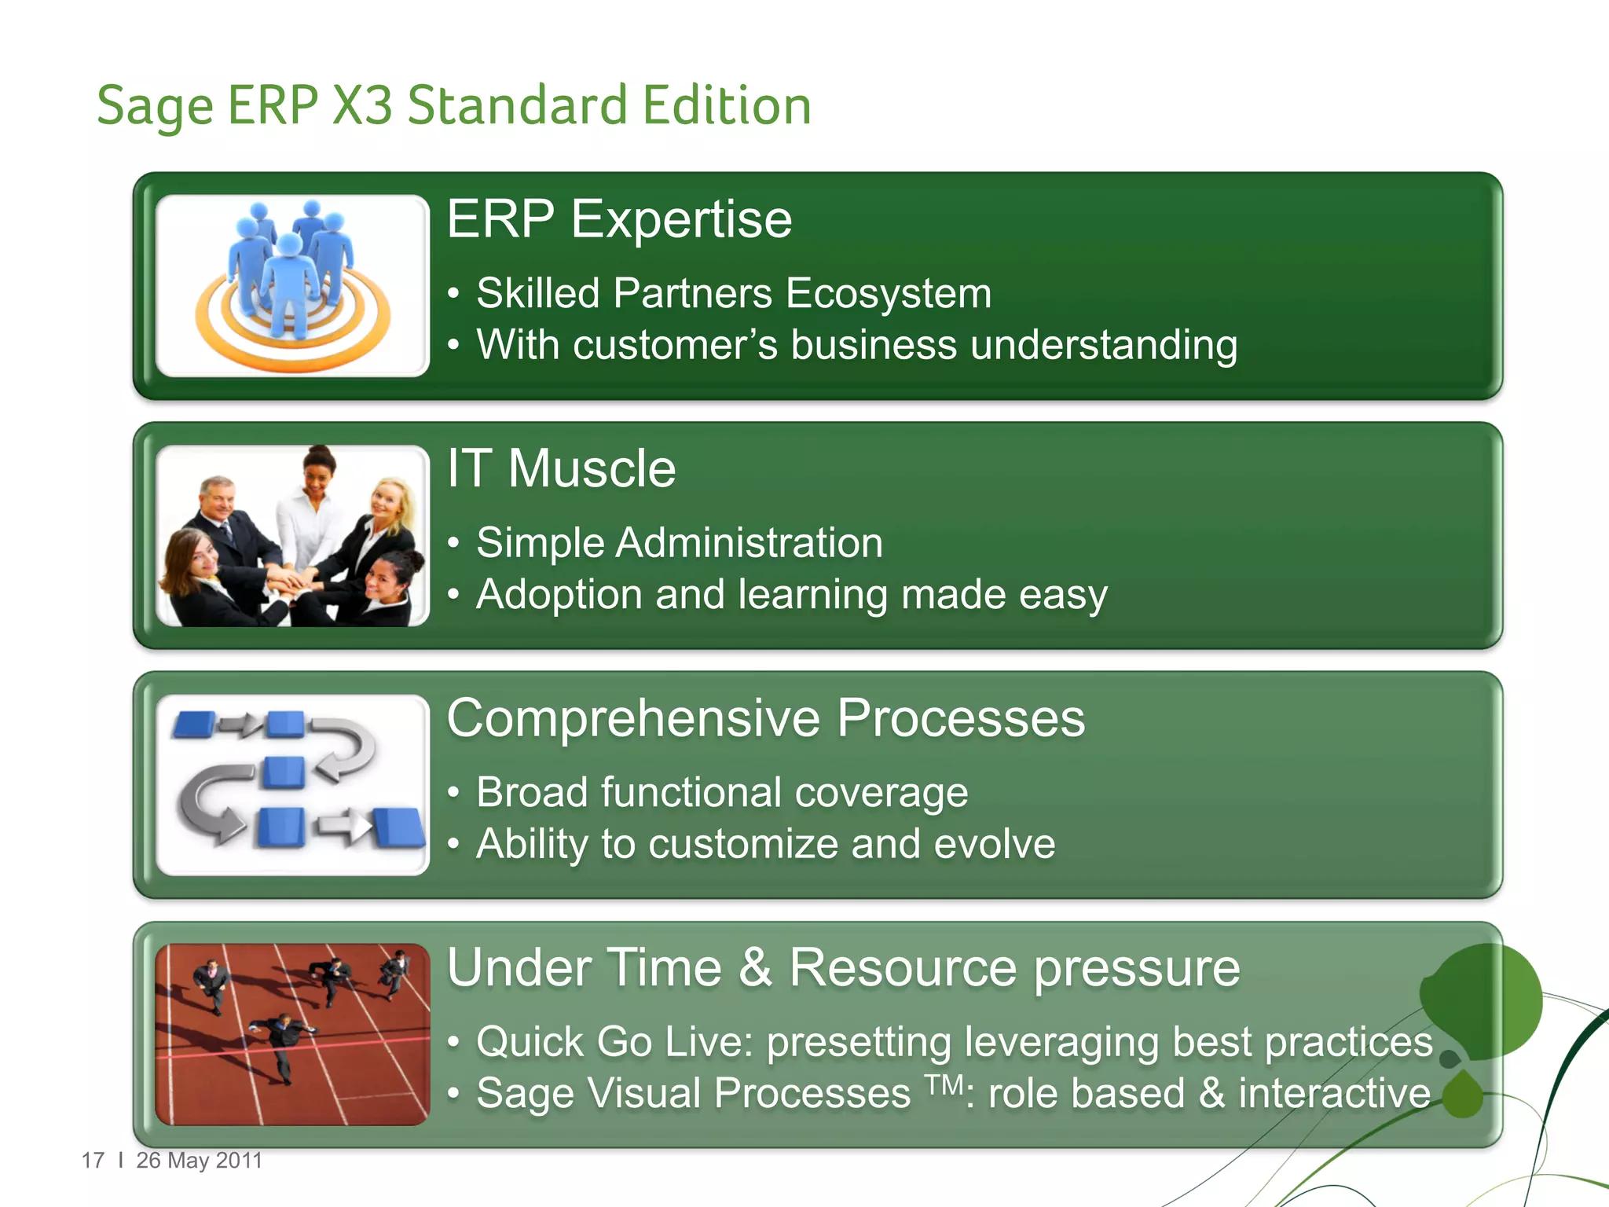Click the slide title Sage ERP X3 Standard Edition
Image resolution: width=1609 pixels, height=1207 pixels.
(x=453, y=106)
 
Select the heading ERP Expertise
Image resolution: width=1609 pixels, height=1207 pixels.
(x=619, y=219)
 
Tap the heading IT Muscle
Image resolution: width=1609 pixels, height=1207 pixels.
(x=561, y=469)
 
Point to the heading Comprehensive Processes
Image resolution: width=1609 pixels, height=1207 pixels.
(x=765, y=718)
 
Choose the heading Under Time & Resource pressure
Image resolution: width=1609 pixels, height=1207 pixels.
(x=843, y=967)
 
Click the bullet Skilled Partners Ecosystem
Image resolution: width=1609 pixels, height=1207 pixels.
(x=733, y=294)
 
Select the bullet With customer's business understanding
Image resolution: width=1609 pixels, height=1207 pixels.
(x=856, y=346)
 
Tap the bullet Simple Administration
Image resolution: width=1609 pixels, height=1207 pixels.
(x=679, y=543)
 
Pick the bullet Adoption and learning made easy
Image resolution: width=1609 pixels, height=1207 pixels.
(x=791, y=595)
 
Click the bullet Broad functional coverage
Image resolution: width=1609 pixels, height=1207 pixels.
(x=721, y=792)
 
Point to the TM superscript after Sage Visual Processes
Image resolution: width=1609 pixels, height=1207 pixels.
(x=944, y=1085)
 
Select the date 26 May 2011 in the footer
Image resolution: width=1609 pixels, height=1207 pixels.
(x=199, y=1161)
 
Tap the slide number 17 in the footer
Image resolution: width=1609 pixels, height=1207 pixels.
(x=93, y=1161)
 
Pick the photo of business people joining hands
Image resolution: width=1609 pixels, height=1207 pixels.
(x=292, y=536)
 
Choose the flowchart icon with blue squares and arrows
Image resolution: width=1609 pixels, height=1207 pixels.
(x=292, y=785)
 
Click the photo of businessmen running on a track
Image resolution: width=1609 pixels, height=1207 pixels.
(x=292, y=1034)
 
